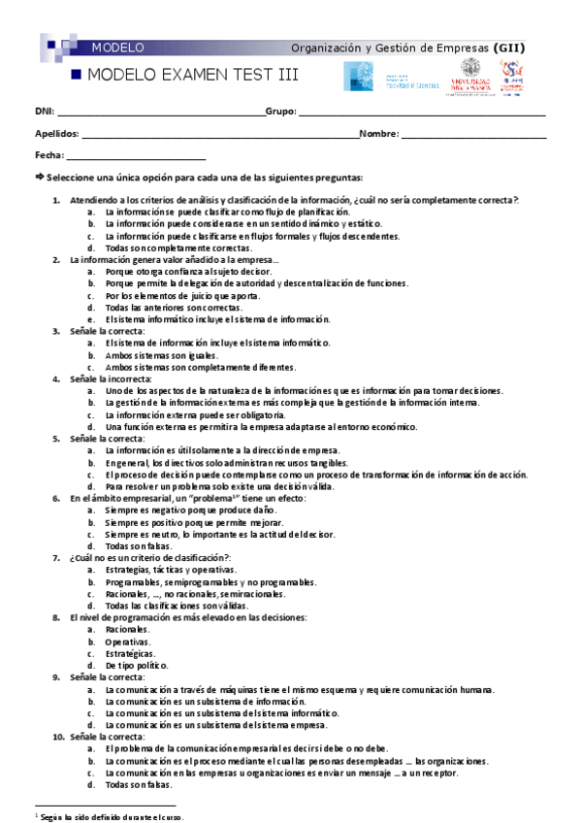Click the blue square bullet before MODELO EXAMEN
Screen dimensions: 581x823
click(x=77, y=75)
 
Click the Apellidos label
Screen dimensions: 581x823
click(x=57, y=134)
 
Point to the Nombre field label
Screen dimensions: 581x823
click(x=379, y=134)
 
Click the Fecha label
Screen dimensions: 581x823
click(x=49, y=155)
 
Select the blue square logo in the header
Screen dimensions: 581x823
click(x=358, y=77)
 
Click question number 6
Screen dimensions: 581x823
click(x=56, y=498)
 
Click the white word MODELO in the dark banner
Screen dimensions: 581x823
click(x=118, y=47)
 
